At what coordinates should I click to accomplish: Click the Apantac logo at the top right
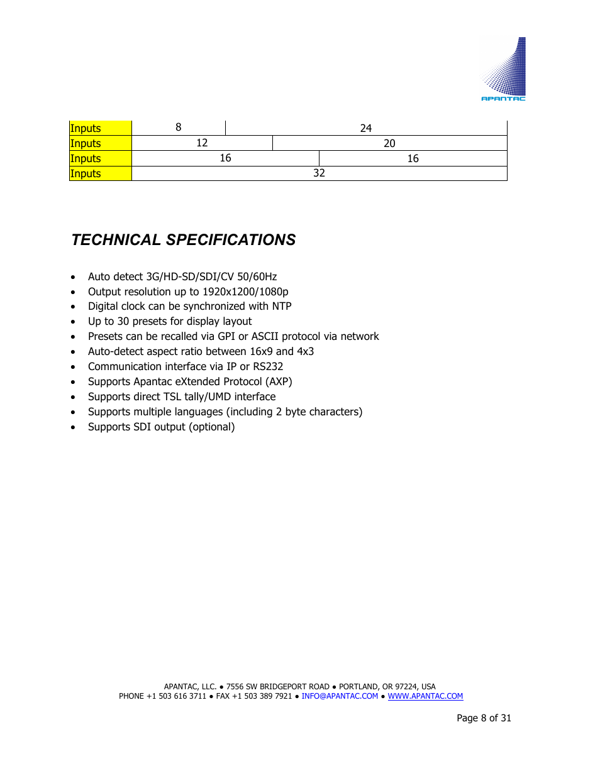(504, 70)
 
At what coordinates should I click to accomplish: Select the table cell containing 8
(179, 128)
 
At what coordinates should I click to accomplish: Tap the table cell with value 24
(366, 128)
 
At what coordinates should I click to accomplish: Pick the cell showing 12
(202, 143)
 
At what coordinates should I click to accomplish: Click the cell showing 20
(389, 143)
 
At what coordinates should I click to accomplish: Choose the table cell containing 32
(319, 173)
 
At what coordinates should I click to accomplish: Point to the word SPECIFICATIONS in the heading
(231, 240)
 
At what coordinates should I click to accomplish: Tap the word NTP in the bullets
(282, 307)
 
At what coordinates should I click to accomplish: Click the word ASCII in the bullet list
(265, 337)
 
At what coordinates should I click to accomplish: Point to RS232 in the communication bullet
(268, 367)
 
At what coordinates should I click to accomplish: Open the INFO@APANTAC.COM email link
(340, 696)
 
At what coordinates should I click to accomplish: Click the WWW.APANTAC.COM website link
(425, 696)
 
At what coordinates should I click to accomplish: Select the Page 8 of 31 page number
(484, 718)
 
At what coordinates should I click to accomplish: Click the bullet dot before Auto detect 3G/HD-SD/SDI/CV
(74, 277)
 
